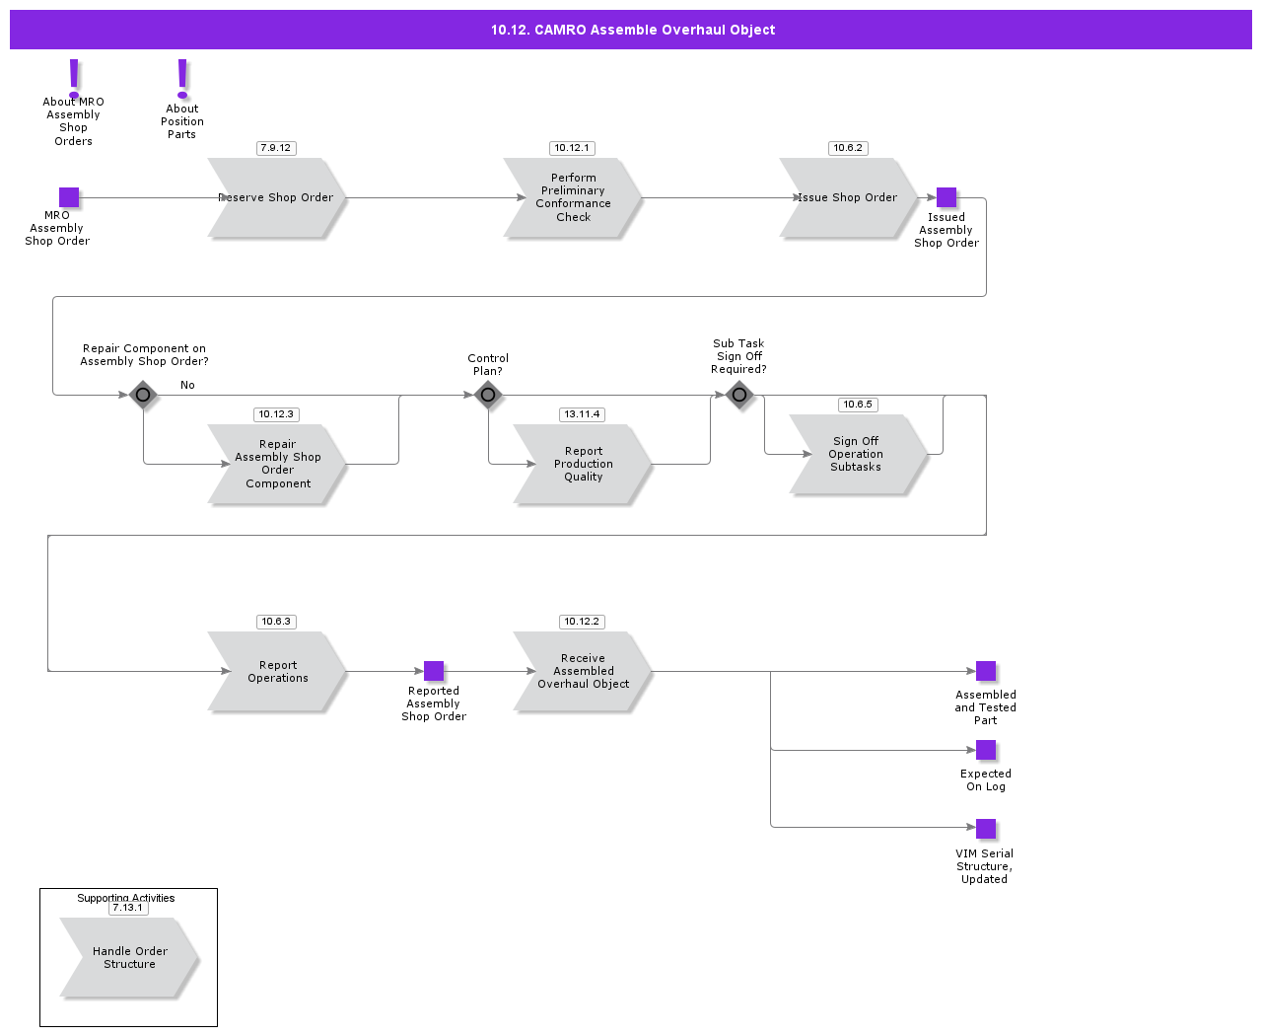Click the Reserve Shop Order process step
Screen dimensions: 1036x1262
(276, 198)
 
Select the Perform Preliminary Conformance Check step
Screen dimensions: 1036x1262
(573, 198)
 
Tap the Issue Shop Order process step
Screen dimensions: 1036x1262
(848, 198)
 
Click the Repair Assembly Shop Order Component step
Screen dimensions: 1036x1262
(277, 465)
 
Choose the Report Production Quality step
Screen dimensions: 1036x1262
(583, 465)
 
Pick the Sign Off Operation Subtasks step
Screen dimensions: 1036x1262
(856, 455)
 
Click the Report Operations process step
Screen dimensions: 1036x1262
(277, 672)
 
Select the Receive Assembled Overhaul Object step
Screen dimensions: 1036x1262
(583, 672)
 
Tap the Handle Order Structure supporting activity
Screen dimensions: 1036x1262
(129, 958)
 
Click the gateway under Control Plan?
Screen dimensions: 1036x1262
(488, 395)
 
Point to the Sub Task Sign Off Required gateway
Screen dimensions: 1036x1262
(739, 395)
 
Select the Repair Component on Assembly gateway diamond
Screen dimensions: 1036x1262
(143, 395)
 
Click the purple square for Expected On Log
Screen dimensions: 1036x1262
(986, 750)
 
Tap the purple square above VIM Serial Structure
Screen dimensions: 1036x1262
(986, 829)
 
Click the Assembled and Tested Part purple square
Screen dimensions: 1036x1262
(986, 671)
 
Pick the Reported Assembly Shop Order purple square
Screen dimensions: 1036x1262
(434, 671)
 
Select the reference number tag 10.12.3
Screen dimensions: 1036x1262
(276, 414)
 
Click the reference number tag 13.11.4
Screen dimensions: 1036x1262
(582, 414)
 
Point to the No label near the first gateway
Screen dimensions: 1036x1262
(187, 385)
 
